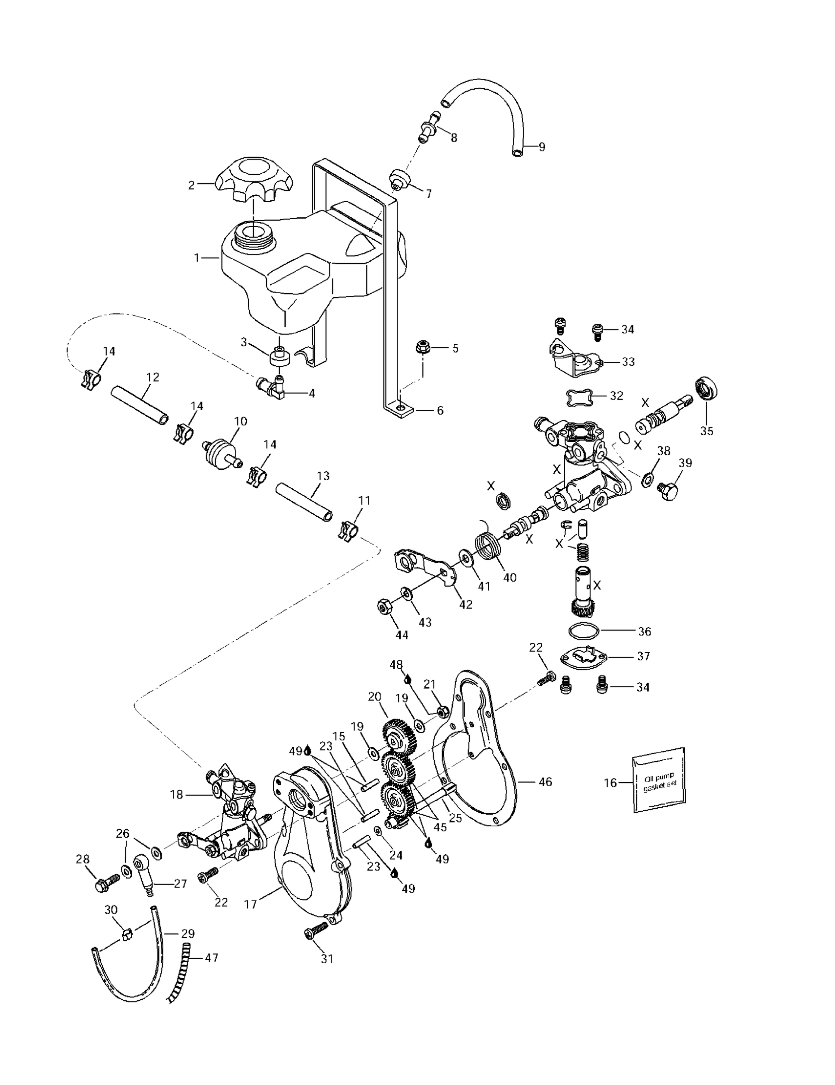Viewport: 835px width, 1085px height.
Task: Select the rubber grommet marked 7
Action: click(x=398, y=179)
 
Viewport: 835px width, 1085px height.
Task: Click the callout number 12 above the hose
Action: click(x=153, y=377)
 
